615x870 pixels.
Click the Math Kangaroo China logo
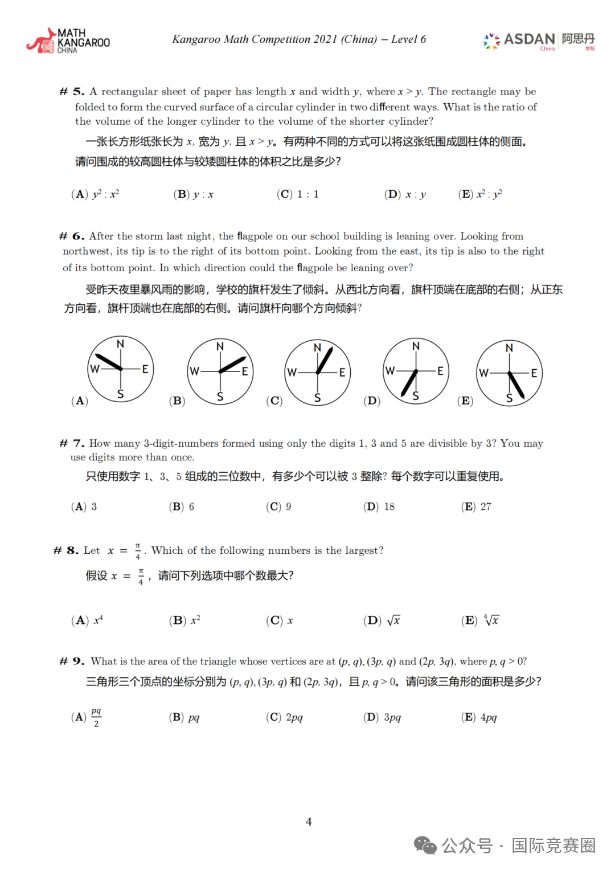coord(68,41)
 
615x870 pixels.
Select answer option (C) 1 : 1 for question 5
coord(298,194)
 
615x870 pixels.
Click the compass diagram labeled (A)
coord(120,369)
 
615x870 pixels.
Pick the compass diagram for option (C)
coord(317,373)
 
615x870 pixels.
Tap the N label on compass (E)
coord(509,348)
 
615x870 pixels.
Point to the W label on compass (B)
coord(194,371)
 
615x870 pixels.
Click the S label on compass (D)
coord(416,396)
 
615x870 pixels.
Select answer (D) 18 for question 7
coord(379,507)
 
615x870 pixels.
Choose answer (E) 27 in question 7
coord(477,507)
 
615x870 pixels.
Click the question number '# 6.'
coord(72,236)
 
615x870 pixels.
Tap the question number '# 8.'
coord(65,550)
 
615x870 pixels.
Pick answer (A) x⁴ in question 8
coord(87,620)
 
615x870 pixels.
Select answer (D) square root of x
coord(382,620)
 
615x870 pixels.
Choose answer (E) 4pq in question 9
coord(479,717)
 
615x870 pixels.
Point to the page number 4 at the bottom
coord(309,822)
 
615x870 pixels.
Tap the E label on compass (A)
coord(145,369)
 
